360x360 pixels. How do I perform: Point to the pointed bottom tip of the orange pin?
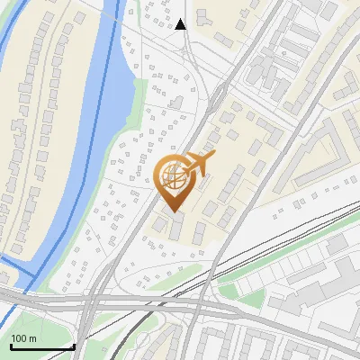(x=175, y=211)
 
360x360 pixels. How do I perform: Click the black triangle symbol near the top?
(x=182, y=24)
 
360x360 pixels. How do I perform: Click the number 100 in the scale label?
(x=19, y=338)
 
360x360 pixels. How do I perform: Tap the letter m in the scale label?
(x=32, y=338)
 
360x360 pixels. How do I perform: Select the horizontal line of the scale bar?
(x=41, y=346)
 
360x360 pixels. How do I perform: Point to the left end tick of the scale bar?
(x=11, y=345)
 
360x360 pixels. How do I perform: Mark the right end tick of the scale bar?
(x=73, y=345)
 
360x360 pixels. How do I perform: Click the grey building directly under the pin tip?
(x=176, y=224)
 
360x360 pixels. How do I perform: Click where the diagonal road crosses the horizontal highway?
(x=90, y=301)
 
